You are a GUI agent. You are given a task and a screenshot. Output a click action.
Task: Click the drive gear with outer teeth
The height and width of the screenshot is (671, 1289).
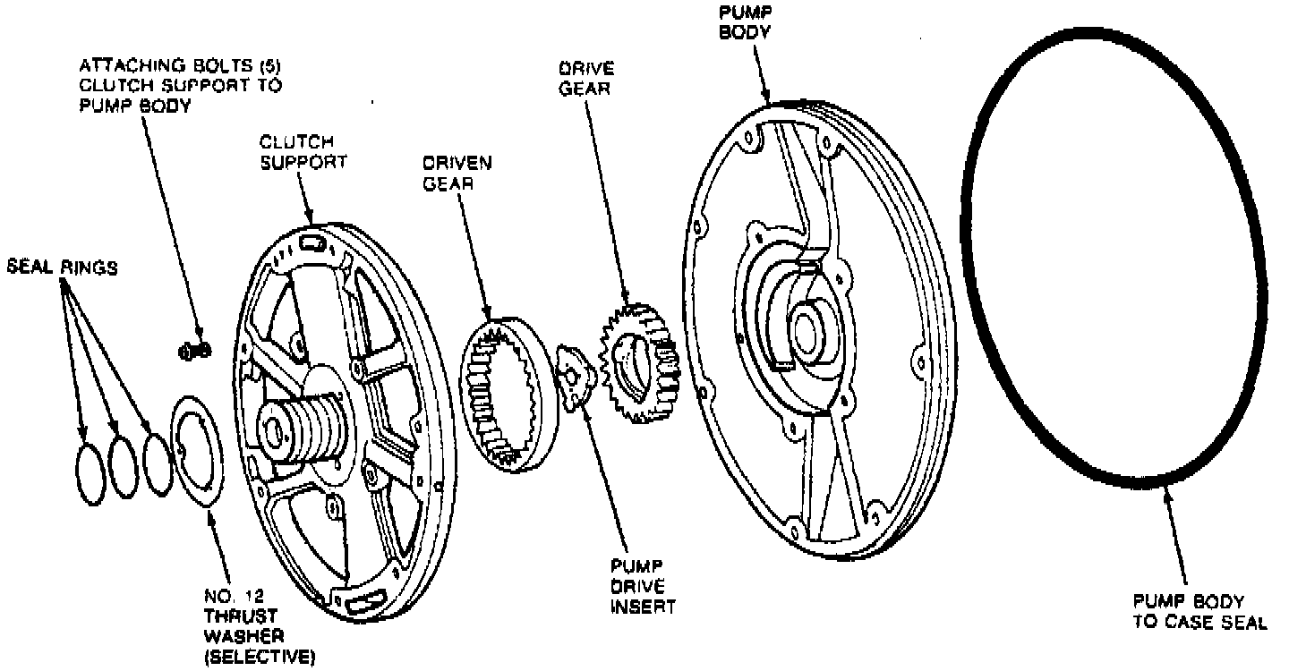(x=637, y=363)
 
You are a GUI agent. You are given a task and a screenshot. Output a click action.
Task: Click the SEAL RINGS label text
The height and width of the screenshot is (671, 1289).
(x=62, y=268)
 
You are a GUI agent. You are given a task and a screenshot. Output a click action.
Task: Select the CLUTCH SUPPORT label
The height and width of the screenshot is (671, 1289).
(x=296, y=152)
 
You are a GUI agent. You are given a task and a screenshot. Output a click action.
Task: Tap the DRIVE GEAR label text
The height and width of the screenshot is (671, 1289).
(x=585, y=78)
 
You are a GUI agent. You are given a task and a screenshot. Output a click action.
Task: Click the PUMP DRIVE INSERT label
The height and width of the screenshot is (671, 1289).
(x=643, y=586)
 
